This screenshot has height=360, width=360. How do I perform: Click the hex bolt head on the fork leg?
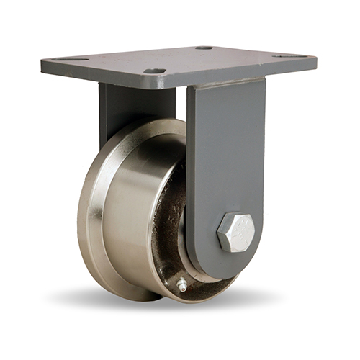pos(235,232)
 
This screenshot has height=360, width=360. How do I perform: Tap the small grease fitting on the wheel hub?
pos(182,286)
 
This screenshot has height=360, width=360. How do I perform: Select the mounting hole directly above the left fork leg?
pos(154,71)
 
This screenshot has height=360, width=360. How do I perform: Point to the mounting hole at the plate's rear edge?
pos(204,48)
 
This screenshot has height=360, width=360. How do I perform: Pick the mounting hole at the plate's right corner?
pos(285,55)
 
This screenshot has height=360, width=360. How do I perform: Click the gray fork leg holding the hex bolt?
pos(226,166)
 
